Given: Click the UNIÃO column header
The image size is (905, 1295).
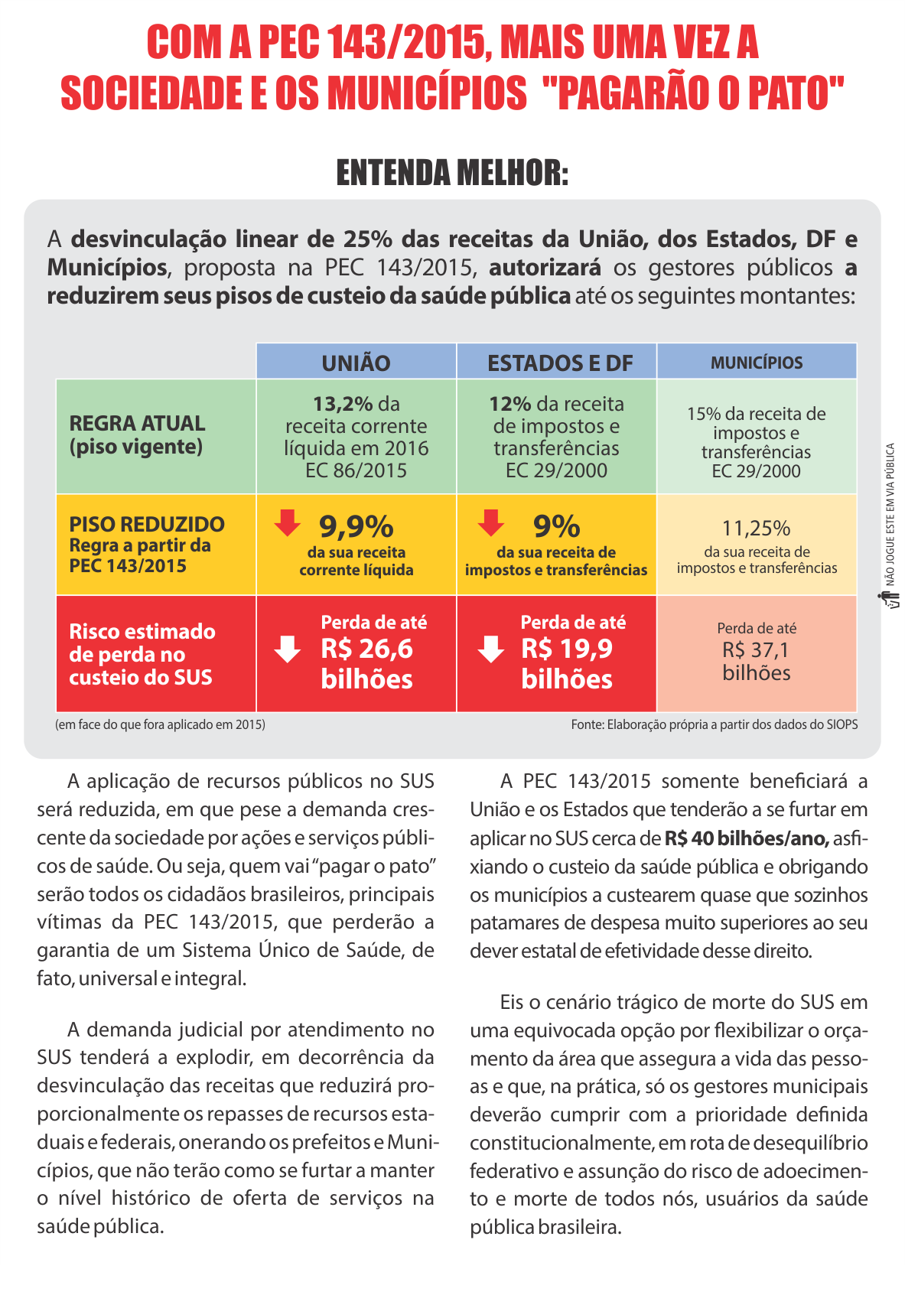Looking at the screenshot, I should tap(356, 363).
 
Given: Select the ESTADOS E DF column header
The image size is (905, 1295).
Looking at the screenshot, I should tap(560, 363).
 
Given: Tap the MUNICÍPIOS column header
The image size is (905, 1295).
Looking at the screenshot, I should tap(757, 363).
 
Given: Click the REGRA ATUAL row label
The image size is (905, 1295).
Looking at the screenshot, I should tap(138, 434).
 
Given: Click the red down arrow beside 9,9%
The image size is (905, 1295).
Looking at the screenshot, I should tap(288, 522).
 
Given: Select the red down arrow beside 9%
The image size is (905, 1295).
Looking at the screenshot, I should tap(491, 522).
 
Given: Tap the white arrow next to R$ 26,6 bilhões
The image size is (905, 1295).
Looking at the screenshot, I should tap(288, 649).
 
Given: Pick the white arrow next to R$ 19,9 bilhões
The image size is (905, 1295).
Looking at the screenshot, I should tap(490, 649).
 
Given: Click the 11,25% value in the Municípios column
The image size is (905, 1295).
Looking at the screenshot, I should tap(756, 529).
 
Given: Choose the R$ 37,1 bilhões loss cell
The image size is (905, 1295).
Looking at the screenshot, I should tap(757, 652).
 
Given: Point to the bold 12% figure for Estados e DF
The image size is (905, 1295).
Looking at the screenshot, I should tap(510, 404).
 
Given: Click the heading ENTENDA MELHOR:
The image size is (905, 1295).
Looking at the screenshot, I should tap(452, 173).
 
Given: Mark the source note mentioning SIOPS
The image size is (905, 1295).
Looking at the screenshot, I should tap(714, 724).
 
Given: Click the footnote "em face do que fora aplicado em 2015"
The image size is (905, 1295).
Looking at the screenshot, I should tap(161, 724).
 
